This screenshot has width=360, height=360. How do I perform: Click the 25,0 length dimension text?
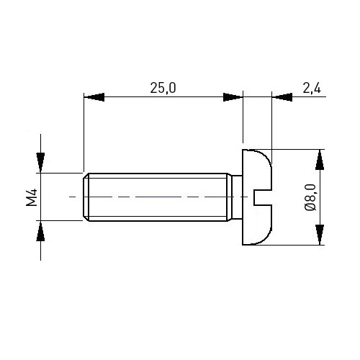163,88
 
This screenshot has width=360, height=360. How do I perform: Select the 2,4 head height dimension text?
312,89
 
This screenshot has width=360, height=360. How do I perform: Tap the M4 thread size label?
32,197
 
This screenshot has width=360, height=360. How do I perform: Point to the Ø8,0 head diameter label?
310,197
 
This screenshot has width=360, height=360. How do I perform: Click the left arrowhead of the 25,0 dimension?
94,97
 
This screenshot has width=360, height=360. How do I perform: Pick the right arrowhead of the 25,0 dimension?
233,97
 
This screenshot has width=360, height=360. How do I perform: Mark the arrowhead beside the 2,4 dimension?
282,97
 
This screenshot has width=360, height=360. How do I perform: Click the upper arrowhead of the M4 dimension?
40,163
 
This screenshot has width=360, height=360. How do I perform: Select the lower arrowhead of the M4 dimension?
40,231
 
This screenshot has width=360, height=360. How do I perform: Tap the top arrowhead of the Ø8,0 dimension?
320,160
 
